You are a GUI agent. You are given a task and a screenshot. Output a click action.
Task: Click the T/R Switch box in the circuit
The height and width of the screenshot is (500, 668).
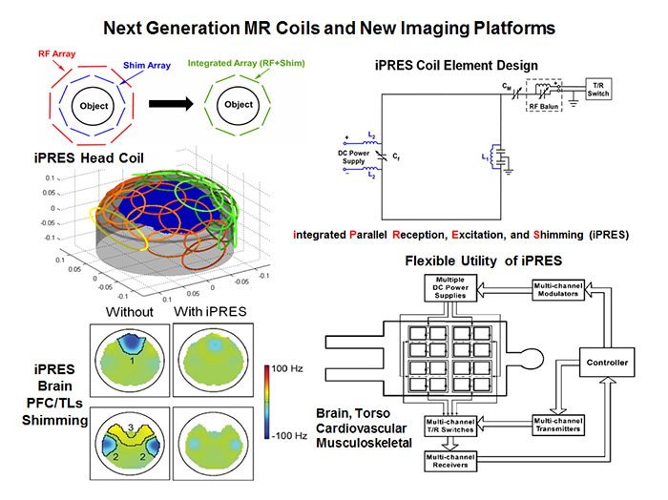(600, 85)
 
